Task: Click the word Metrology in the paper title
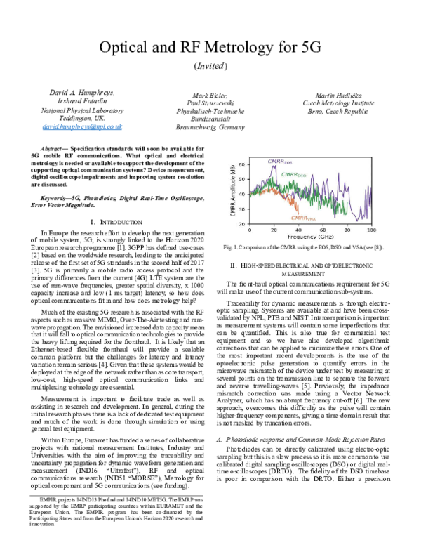(x=244, y=48)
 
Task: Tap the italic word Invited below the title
(x=210, y=65)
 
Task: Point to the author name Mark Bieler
(x=211, y=95)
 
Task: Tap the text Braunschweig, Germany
(x=211, y=129)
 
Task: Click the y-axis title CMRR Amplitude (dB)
(x=232, y=195)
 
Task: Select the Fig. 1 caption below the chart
(x=308, y=248)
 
